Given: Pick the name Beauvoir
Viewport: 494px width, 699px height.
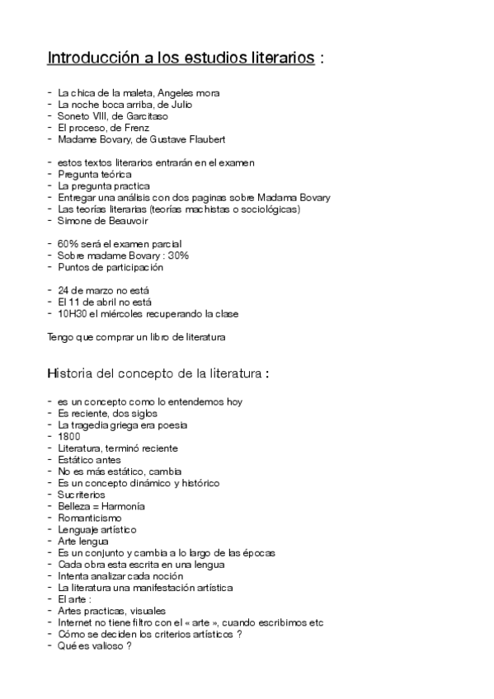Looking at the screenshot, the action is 125,221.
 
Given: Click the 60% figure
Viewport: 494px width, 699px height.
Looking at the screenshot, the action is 68,244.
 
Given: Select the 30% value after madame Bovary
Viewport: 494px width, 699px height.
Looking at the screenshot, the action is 178,256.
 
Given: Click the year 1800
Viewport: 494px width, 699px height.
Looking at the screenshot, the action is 68,436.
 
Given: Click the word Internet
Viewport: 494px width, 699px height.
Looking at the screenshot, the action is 76,622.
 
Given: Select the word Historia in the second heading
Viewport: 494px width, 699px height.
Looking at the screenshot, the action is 71,374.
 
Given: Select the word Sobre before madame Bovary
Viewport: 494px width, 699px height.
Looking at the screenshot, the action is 73,256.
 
